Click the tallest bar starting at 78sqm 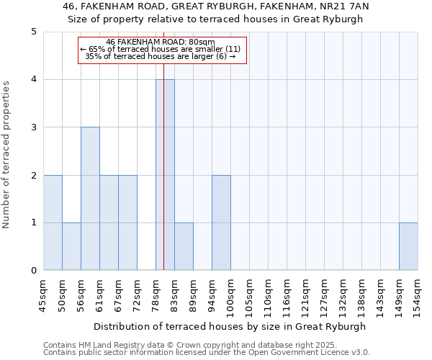[x=165, y=175]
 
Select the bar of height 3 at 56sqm [x=90, y=199]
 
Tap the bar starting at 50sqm [x=71, y=246]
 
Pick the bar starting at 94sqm [x=221, y=222]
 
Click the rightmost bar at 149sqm [x=408, y=246]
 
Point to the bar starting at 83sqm [x=184, y=246]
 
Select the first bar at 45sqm [x=53, y=222]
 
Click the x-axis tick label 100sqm [x=230, y=295]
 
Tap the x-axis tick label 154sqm [x=418, y=295]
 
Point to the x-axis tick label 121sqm [x=305, y=295]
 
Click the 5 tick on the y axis [x=33, y=32]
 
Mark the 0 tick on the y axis [x=33, y=271]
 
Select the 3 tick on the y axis [x=33, y=127]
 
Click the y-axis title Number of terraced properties [x=7, y=155]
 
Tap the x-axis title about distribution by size [x=230, y=326]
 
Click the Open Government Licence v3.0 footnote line [x=207, y=352]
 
